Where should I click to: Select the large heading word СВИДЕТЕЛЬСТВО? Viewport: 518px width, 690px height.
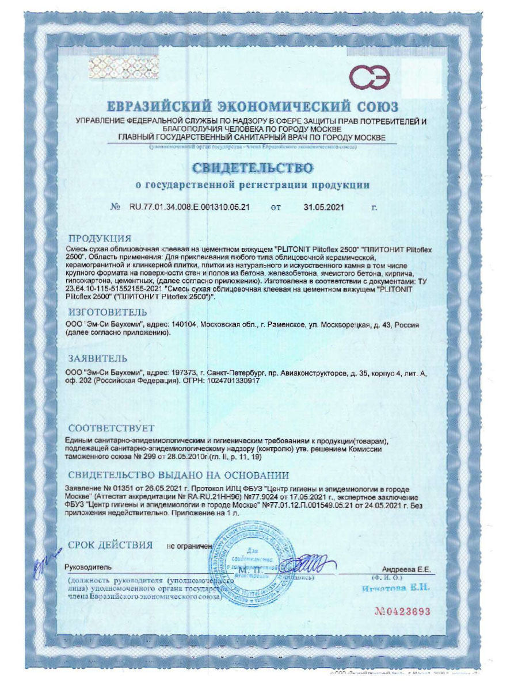click(253, 168)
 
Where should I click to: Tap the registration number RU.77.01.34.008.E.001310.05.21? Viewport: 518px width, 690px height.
click(189, 208)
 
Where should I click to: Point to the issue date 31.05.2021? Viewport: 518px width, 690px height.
click(323, 208)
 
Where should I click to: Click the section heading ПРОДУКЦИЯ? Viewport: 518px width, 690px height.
click(100, 238)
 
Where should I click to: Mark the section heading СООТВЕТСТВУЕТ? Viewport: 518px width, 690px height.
click(111, 428)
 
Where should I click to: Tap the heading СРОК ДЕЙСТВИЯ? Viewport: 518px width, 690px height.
click(111, 545)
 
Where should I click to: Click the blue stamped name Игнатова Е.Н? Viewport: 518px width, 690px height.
click(397, 588)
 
